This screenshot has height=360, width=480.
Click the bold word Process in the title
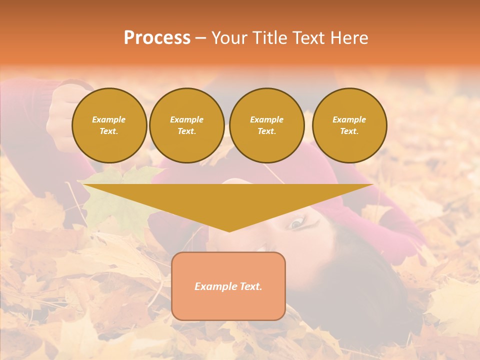(157, 38)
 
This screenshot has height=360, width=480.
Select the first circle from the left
(109, 125)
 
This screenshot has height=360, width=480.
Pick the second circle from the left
(187, 125)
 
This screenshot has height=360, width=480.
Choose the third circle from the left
(267, 125)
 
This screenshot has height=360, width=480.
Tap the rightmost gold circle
(349, 125)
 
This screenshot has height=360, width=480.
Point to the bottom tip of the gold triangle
(229, 231)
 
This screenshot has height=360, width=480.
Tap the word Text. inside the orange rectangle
(251, 286)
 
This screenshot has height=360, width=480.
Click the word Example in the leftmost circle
(109, 119)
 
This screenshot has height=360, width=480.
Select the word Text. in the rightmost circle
(349, 131)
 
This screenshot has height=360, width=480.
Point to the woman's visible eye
(296, 223)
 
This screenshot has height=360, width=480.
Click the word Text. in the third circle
(267, 131)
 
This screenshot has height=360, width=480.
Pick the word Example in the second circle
(187, 119)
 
